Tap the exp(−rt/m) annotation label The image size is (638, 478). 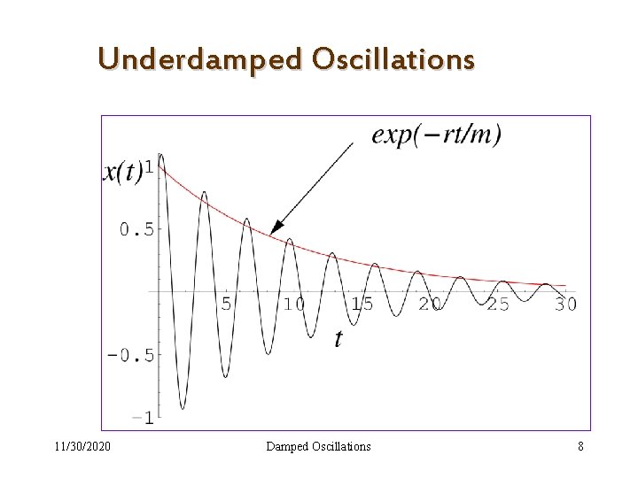tap(436, 135)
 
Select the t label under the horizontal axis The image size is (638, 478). tap(338, 337)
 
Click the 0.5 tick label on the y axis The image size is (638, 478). tap(136, 229)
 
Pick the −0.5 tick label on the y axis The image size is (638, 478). tap(130, 355)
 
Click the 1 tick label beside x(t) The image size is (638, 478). tap(149, 166)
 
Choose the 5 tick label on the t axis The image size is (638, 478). tap(226, 304)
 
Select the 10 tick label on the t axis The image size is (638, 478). tap(292, 304)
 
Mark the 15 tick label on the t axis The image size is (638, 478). tap(362, 304)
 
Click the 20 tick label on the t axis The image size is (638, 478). tap(430, 304)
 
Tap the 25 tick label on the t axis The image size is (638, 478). tap(498, 304)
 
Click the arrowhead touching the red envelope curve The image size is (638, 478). tap(277, 227)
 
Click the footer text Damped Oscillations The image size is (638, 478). tap(319, 446)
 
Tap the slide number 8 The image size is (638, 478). tap(580, 446)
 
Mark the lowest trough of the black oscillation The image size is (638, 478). tap(183, 407)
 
